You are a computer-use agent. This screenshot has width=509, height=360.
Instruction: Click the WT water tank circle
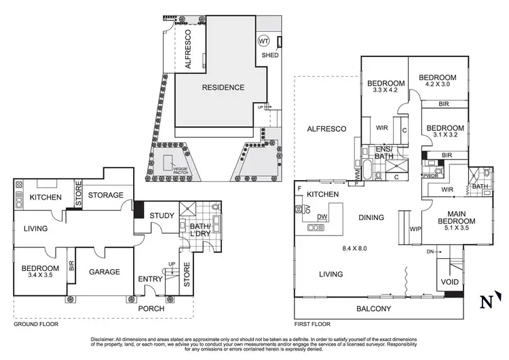point(264,40)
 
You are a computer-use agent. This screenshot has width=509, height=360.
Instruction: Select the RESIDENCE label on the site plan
point(222,88)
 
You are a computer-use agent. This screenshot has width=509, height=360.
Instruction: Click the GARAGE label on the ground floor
point(105,272)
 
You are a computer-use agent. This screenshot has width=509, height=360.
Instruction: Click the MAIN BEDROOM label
point(455,225)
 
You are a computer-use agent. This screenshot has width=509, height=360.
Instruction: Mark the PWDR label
point(430,175)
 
